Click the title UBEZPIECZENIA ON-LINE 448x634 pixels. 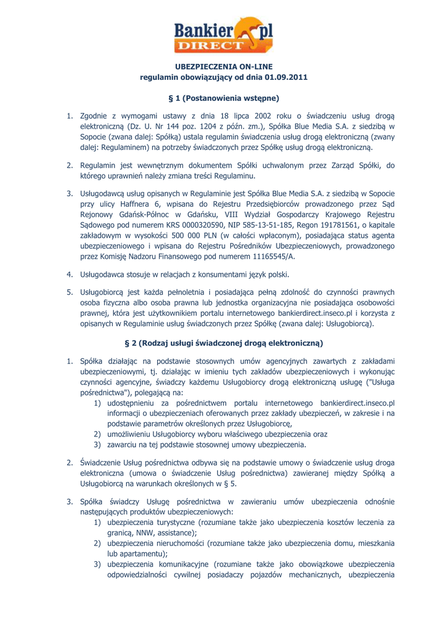[x=224, y=67]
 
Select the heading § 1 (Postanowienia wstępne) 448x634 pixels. [x=224, y=98]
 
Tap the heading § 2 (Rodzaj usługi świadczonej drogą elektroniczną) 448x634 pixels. [x=224, y=343]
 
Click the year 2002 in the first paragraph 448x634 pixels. [x=249, y=116]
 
